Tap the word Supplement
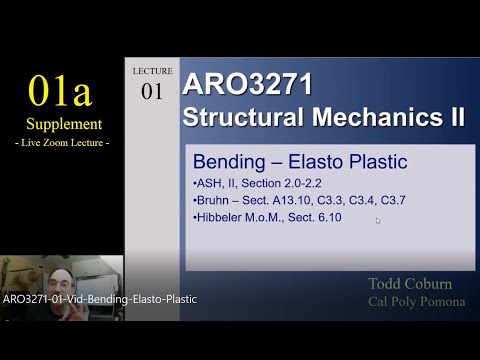pos(64,124)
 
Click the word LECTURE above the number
pos(152,71)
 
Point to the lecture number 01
pos(152,92)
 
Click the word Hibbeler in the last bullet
pos(222,216)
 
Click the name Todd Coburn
pos(410,284)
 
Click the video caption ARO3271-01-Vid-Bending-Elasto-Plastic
pos(100,299)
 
